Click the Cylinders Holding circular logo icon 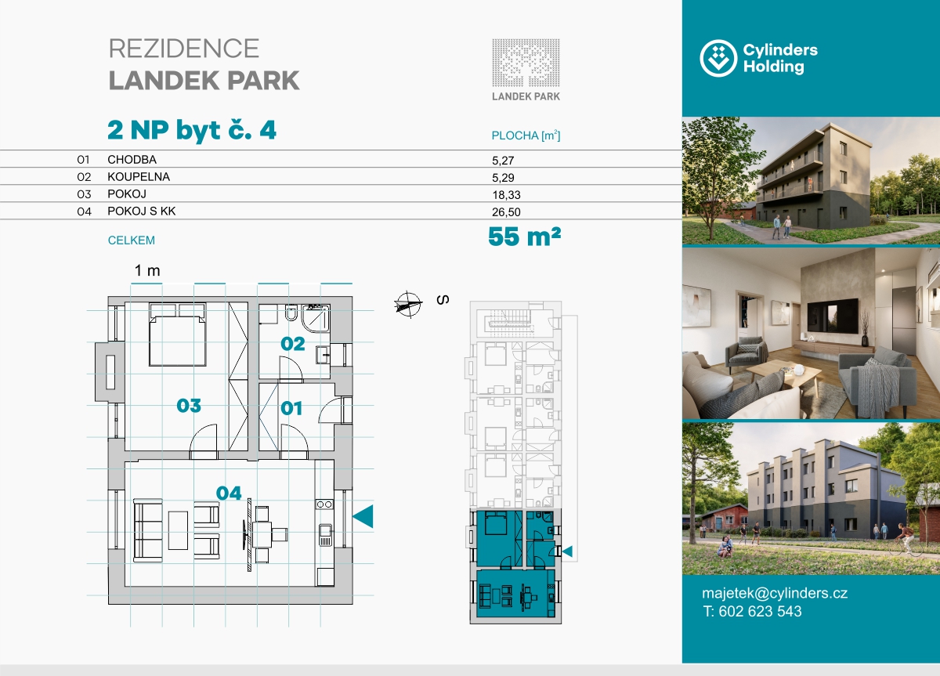[718, 58]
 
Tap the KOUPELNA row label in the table [139, 177]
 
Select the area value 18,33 [506, 195]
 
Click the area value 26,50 [506, 212]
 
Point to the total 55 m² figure [525, 237]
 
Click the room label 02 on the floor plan [292, 344]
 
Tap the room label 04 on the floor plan [229, 493]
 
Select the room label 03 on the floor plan [189, 405]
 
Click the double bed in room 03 [178, 334]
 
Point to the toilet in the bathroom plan [291, 313]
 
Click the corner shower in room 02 [315, 318]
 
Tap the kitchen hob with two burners [324, 504]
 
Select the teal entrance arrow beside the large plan [363, 516]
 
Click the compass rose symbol [408, 305]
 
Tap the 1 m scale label [147, 271]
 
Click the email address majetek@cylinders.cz [775, 593]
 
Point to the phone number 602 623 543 [760, 612]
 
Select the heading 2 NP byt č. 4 [192, 130]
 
